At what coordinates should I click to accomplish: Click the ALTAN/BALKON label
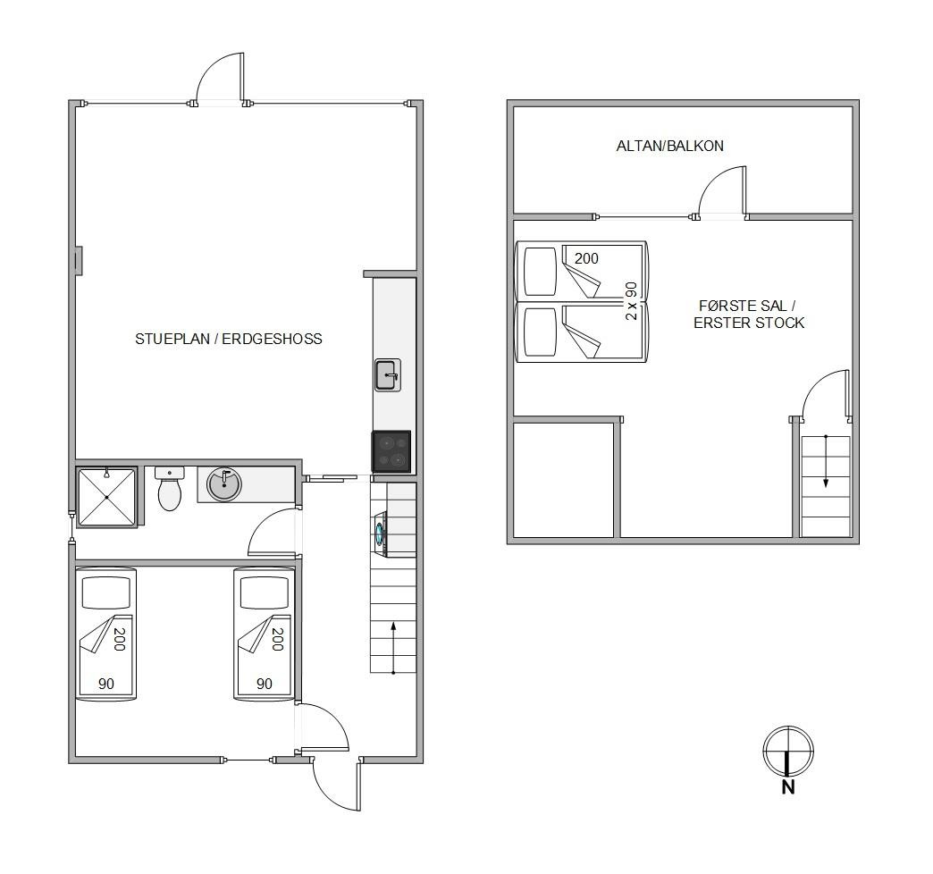pyautogui.click(x=669, y=146)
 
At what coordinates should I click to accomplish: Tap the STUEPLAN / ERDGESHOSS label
pyautogui.click(x=229, y=339)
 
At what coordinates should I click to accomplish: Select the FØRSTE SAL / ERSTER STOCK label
pyautogui.click(x=749, y=315)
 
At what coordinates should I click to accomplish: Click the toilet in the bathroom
pyautogui.click(x=170, y=489)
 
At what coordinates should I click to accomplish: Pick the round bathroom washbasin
pyautogui.click(x=223, y=484)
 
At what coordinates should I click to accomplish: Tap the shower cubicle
pyautogui.click(x=106, y=498)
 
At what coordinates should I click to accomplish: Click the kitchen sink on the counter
pyautogui.click(x=387, y=374)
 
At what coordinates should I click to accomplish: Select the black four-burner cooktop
pyautogui.click(x=391, y=451)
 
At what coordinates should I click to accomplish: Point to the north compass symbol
pyautogui.click(x=788, y=751)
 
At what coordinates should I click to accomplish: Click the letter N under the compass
pyautogui.click(x=788, y=787)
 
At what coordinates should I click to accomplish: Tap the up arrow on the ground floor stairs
pyautogui.click(x=393, y=648)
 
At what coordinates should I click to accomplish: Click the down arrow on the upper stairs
pyautogui.click(x=825, y=461)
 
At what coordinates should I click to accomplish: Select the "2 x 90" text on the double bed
pyautogui.click(x=631, y=301)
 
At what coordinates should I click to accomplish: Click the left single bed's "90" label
pyautogui.click(x=106, y=684)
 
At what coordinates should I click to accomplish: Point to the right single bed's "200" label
pyautogui.click(x=277, y=639)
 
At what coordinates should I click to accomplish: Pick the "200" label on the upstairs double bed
pyautogui.click(x=586, y=258)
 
